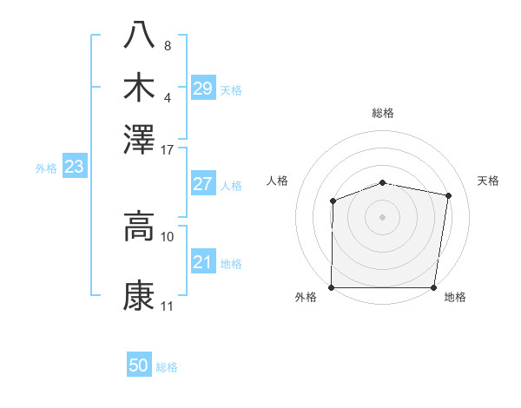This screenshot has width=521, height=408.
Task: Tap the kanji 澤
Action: (140, 138)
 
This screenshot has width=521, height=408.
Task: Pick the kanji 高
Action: (140, 227)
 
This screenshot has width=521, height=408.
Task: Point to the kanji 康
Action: (140, 296)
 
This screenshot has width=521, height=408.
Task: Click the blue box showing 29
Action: (202, 88)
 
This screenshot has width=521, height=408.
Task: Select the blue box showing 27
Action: (202, 184)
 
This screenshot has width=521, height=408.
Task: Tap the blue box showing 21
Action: (202, 262)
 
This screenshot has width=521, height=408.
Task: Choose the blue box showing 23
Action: (74, 167)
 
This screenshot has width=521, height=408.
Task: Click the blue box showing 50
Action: (139, 365)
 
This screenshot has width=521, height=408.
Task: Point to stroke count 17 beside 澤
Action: (168, 149)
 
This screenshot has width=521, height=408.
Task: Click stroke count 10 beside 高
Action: (168, 236)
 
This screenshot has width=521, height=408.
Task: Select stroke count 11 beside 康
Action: (168, 306)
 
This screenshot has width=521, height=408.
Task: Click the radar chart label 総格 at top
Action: (383, 113)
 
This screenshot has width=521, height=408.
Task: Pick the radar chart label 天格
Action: (489, 181)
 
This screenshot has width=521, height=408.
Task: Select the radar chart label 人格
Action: (277, 181)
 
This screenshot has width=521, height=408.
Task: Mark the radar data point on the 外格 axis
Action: (332, 287)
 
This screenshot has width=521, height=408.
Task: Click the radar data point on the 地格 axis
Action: (434, 287)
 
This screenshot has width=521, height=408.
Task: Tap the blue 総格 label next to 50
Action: (167, 367)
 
